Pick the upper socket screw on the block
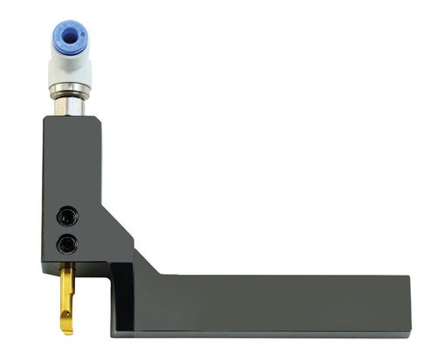click(x=64, y=215)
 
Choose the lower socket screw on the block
click(x=64, y=242)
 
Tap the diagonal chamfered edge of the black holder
click(x=117, y=217)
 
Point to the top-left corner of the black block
click(x=42, y=119)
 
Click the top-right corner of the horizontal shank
click(x=409, y=276)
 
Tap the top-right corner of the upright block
click(x=101, y=119)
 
